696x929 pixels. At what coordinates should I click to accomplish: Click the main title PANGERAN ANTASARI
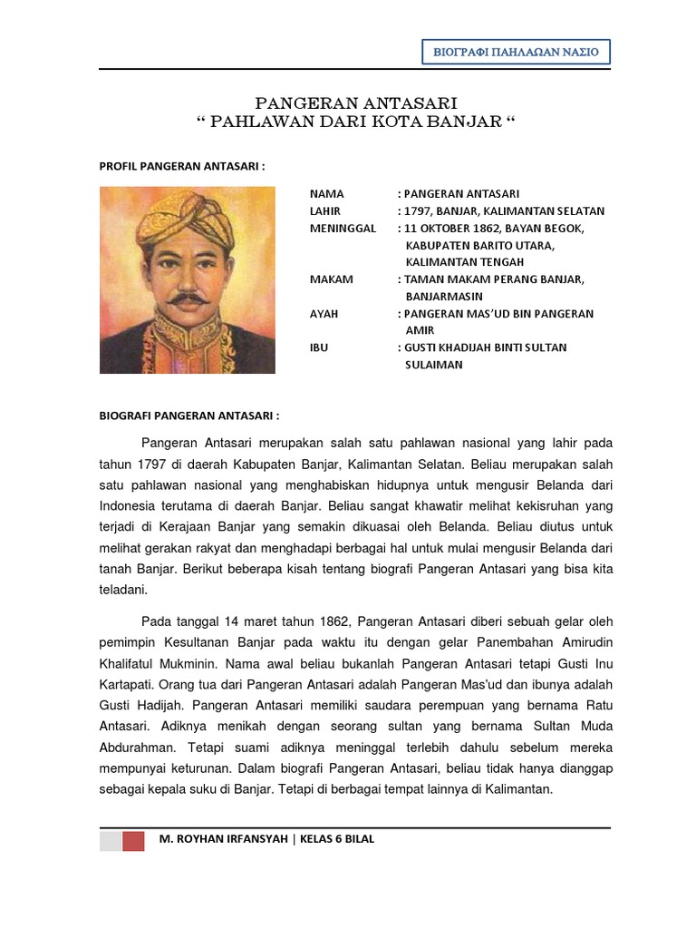355,103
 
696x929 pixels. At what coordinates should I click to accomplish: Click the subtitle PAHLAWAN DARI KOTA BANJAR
355,122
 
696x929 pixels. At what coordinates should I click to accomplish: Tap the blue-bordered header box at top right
516,52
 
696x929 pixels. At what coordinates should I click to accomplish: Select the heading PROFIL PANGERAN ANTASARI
181,166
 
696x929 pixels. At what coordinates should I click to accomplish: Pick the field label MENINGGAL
343,229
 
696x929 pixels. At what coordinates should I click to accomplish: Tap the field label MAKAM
332,279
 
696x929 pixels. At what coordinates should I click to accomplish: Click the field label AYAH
324,314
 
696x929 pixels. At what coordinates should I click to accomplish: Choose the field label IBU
319,347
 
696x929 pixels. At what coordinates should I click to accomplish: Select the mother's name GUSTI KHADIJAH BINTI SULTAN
486,347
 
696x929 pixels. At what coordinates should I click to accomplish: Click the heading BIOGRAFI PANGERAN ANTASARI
188,416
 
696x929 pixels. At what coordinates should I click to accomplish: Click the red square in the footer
133,840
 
